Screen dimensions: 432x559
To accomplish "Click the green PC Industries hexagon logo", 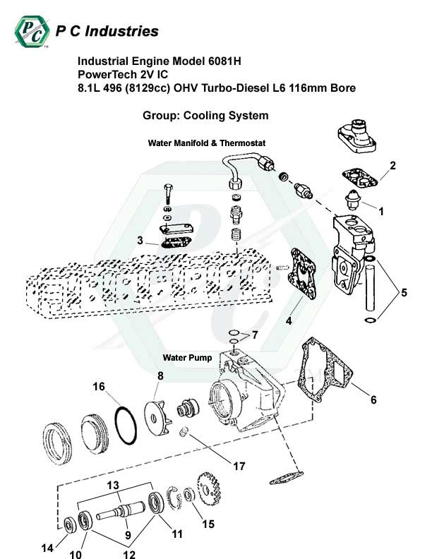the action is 32,31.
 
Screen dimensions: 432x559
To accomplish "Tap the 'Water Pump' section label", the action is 187,358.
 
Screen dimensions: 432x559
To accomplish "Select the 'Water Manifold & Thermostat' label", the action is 207,143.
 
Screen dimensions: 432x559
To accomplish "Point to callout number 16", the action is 99,387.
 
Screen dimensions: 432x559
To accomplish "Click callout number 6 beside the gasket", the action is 373,399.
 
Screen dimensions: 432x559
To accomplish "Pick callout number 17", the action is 239,466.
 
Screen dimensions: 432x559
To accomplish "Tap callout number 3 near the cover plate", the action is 140,240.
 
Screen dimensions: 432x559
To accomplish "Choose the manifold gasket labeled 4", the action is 303,273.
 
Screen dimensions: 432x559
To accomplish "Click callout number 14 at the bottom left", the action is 47,548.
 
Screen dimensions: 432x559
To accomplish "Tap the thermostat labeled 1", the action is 352,200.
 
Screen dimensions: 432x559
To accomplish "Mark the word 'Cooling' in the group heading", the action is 204,116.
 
